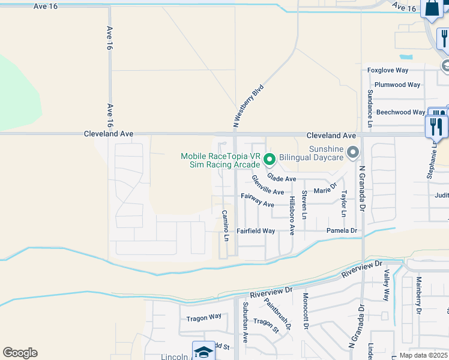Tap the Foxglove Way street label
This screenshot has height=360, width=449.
pos(388,70)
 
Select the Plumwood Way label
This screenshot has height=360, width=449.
pos(397,85)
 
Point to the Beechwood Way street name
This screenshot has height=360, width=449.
pos(401,112)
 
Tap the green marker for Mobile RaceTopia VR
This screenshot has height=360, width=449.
pos(270,160)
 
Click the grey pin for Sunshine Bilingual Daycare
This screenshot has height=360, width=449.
pos(353,151)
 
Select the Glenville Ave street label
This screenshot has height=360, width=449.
pos(268,185)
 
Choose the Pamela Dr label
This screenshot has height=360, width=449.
pos(342,231)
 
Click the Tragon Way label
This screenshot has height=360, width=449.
pos(203,317)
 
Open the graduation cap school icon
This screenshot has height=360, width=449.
pos(203,352)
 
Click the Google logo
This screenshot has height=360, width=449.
pos(20,353)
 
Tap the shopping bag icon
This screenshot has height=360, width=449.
pos(432,9)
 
